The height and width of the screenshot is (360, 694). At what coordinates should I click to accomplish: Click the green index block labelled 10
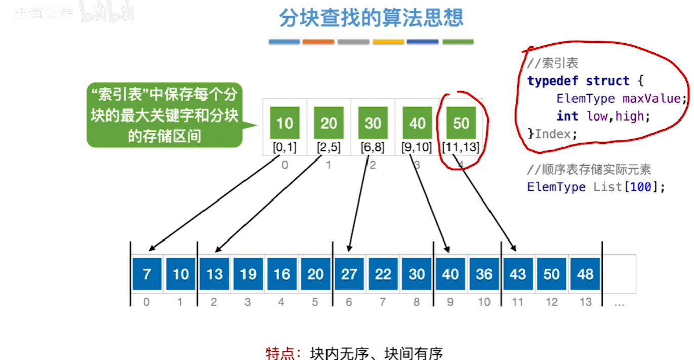(x=285, y=123)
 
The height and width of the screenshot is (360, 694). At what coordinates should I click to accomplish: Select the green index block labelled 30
(x=373, y=123)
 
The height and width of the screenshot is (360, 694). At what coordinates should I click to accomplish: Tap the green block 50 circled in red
(x=461, y=123)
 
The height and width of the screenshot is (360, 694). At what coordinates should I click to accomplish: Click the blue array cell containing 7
(x=147, y=274)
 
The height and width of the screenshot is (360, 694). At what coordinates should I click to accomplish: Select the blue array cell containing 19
(x=248, y=274)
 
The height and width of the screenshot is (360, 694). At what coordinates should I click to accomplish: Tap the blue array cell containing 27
(x=349, y=274)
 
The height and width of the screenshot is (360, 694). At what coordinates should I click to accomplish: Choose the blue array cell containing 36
(x=484, y=274)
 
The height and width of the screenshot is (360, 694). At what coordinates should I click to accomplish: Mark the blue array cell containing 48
(x=585, y=274)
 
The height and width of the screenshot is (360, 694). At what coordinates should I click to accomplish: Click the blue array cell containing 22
(x=383, y=274)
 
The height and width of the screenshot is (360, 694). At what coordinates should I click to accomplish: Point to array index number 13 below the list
(x=585, y=302)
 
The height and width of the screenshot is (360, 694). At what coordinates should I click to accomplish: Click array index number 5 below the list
(x=315, y=302)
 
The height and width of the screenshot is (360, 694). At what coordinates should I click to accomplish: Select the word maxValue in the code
(x=655, y=98)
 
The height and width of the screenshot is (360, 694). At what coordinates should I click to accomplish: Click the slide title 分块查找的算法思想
(x=371, y=18)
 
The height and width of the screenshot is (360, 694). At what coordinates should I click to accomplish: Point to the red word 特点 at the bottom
(x=280, y=353)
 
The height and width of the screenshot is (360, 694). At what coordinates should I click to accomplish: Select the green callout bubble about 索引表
(x=164, y=115)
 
